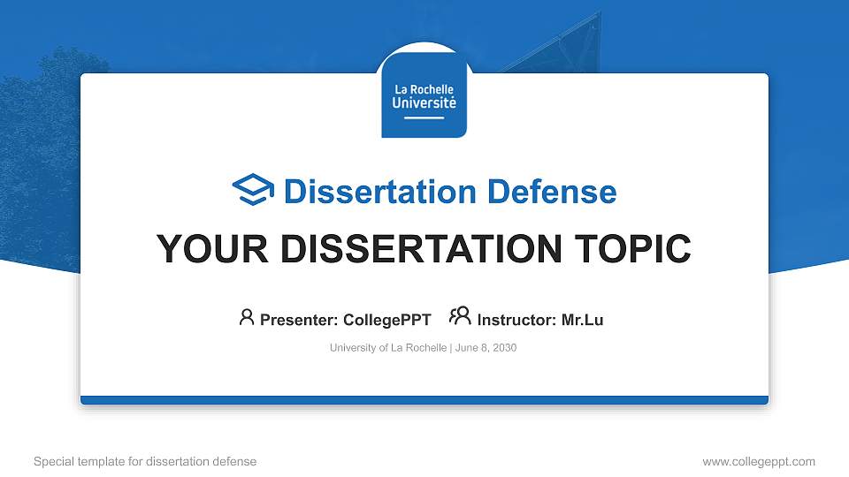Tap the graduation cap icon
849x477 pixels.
coord(253,191)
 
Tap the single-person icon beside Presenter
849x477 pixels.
coord(247,317)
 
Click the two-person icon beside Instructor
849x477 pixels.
coord(460,316)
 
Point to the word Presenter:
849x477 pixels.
coord(296,320)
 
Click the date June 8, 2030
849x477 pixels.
coord(486,348)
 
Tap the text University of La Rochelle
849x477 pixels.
coord(387,348)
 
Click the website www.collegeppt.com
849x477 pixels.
coord(759,461)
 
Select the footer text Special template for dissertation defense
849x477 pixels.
coord(145,461)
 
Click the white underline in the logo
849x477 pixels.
coord(424,117)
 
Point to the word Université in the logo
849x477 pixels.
coord(424,102)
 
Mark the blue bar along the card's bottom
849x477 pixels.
coord(424,400)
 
